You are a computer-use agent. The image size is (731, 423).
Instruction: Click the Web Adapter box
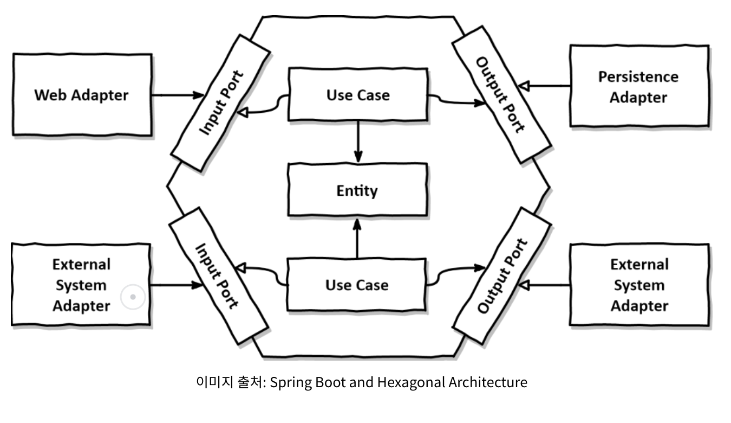click(x=82, y=94)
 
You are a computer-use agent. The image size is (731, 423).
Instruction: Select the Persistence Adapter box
click(x=638, y=87)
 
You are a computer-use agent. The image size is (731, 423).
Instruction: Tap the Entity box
click(x=357, y=190)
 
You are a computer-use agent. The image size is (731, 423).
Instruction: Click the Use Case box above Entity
click(x=357, y=94)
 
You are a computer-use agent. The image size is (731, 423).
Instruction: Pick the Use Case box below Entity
click(x=357, y=284)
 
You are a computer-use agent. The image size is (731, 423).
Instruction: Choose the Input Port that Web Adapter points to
click(x=221, y=102)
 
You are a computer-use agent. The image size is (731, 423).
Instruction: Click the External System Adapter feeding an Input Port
click(x=81, y=285)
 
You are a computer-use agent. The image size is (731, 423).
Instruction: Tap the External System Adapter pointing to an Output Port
click(x=639, y=285)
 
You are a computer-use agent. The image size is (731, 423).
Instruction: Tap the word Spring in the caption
click(x=291, y=382)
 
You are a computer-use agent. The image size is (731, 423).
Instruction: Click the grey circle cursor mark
click(x=133, y=297)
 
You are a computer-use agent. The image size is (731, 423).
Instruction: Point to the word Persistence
click(x=638, y=77)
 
